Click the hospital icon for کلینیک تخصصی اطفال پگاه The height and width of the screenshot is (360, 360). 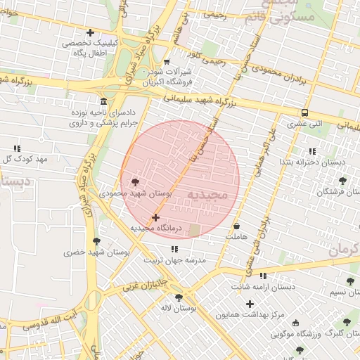90,32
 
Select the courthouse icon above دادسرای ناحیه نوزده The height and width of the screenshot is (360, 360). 104,102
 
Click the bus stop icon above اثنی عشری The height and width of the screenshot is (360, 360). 304,112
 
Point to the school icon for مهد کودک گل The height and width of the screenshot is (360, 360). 16,148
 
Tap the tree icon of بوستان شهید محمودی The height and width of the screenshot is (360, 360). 136,181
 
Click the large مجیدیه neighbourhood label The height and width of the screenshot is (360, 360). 209,194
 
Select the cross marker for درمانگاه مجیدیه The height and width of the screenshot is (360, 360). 155,218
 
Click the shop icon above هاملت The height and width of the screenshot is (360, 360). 236,226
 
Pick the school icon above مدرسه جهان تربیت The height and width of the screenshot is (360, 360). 174,249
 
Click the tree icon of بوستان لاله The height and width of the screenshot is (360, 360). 179,297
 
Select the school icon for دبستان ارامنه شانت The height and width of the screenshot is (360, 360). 263,276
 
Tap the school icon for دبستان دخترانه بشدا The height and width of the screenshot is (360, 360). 311,151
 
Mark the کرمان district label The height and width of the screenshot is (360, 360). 344,249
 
